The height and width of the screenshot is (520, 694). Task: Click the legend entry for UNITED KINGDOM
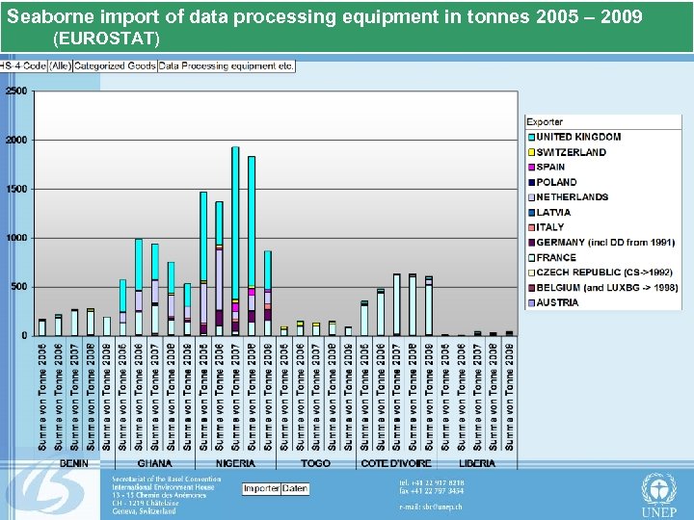578,137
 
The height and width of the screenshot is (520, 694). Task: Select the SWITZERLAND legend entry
571,152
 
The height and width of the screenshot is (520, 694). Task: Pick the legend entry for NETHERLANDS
572,197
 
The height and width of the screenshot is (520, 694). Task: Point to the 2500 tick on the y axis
16,91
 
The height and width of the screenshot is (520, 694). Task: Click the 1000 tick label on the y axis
16,238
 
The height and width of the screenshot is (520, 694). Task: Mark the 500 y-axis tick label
18,287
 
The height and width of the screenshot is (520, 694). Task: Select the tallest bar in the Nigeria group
235,241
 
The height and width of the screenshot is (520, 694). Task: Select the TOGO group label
314,463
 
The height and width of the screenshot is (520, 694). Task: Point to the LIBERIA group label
476,463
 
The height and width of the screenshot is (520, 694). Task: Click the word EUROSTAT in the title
107,39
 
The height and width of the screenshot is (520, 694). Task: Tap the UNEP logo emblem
658,488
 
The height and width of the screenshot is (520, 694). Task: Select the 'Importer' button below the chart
261,489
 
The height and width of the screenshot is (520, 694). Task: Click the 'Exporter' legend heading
546,122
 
